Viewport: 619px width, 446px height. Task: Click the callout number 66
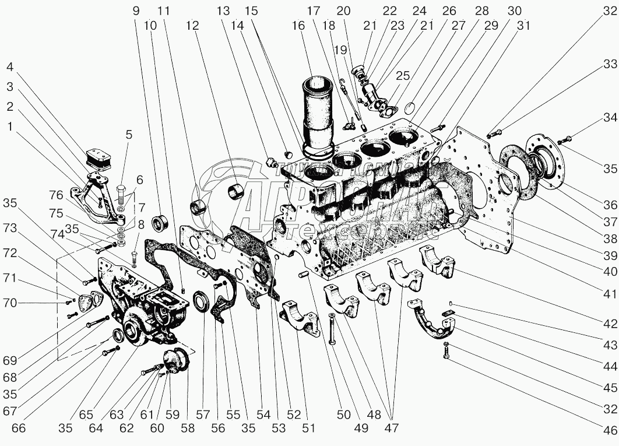[x=18, y=428]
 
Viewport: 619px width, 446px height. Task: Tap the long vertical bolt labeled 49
[x=330, y=329]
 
